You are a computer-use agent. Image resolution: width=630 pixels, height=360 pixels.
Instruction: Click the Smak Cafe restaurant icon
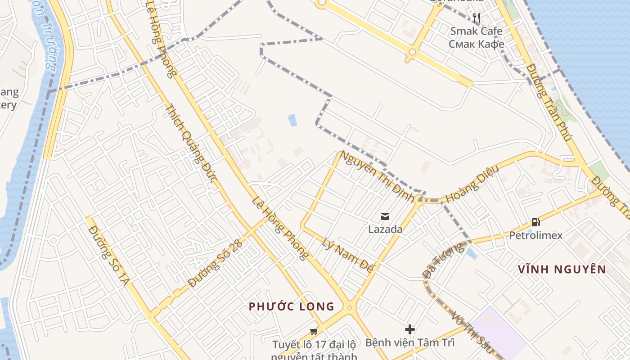click(x=477, y=18)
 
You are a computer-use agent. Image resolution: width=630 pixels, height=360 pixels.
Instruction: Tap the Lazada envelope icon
click(x=385, y=216)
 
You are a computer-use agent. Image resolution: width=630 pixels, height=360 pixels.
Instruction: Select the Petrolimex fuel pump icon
click(x=535, y=221)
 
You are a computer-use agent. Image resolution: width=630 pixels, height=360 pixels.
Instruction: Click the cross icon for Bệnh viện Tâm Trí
click(x=409, y=329)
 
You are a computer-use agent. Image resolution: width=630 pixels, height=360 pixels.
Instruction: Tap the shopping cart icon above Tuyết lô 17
click(x=314, y=332)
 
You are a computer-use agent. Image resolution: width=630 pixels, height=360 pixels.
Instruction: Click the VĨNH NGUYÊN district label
click(x=562, y=270)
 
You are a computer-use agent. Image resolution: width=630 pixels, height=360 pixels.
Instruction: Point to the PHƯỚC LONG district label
click(x=292, y=307)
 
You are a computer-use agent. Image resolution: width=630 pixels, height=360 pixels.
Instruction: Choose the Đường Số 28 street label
click(x=216, y=263)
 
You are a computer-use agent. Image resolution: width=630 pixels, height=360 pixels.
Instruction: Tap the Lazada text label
click(x=385, y=229)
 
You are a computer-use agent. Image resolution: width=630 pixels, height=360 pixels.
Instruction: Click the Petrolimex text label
click(x=535, y=235)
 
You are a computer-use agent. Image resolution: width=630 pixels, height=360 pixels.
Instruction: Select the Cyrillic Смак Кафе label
click(x=476, y=44)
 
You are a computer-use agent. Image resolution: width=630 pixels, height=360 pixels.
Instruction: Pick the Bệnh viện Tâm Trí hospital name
click(x=409, y=343)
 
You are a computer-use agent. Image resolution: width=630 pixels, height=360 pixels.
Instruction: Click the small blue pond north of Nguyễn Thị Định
click(x=292, y=120)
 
